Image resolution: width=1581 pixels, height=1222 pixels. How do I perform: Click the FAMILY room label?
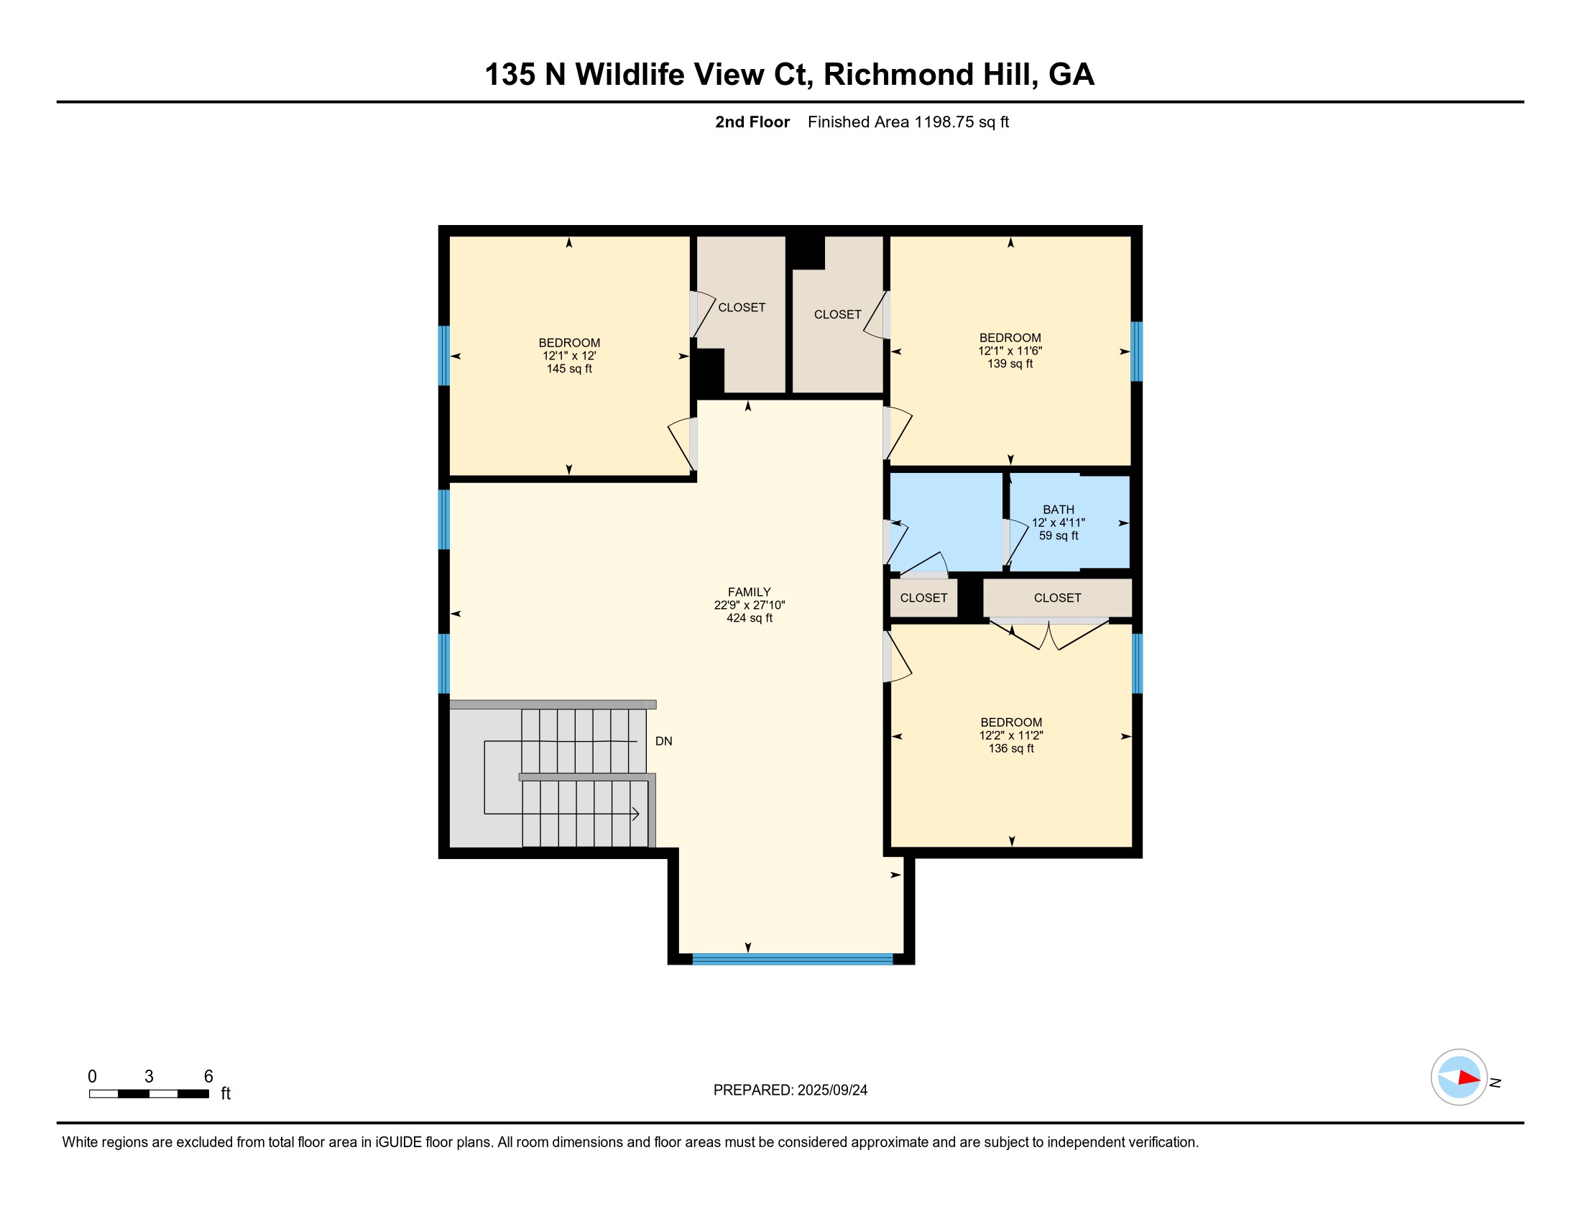tap(750, 592)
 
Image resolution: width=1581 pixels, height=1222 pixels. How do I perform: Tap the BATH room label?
tap(1059, 510)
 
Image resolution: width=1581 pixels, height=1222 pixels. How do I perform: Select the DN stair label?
tap(664, 741)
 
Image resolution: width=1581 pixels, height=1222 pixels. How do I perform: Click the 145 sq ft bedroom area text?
tap(569, 369)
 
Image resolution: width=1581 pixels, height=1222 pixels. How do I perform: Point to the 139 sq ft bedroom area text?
tap(1010, 364)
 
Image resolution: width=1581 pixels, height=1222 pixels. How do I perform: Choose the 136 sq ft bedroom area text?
tap(1011, 748)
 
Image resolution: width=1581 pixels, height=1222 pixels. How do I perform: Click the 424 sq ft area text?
tap(750, 618)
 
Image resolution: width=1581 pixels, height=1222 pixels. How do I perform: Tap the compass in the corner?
tap(1459, 1078)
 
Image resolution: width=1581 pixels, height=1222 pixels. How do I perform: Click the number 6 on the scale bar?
tap(208, 1076)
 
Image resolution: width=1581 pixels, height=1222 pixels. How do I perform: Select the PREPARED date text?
tap(790, 1090)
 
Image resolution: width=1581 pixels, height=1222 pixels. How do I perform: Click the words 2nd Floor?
tap(752, 122)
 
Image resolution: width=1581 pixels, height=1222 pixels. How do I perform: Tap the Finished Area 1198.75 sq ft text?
tap(908, 122)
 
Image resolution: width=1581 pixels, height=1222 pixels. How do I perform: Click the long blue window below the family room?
tap(793, 959)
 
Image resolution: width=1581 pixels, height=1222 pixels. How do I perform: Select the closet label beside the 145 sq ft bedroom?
tap(742, 308)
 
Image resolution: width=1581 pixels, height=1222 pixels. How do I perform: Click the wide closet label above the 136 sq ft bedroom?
tap(1058, 598)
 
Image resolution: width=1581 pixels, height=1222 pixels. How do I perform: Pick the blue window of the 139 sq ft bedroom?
tap(1137, 351)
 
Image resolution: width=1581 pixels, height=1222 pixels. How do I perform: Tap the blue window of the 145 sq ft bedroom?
tap(443, 355)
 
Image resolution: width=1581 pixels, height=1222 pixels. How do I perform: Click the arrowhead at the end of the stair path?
tap(635, 814)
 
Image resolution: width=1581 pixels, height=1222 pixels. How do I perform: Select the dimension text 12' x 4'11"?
tap(1059, 523)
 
